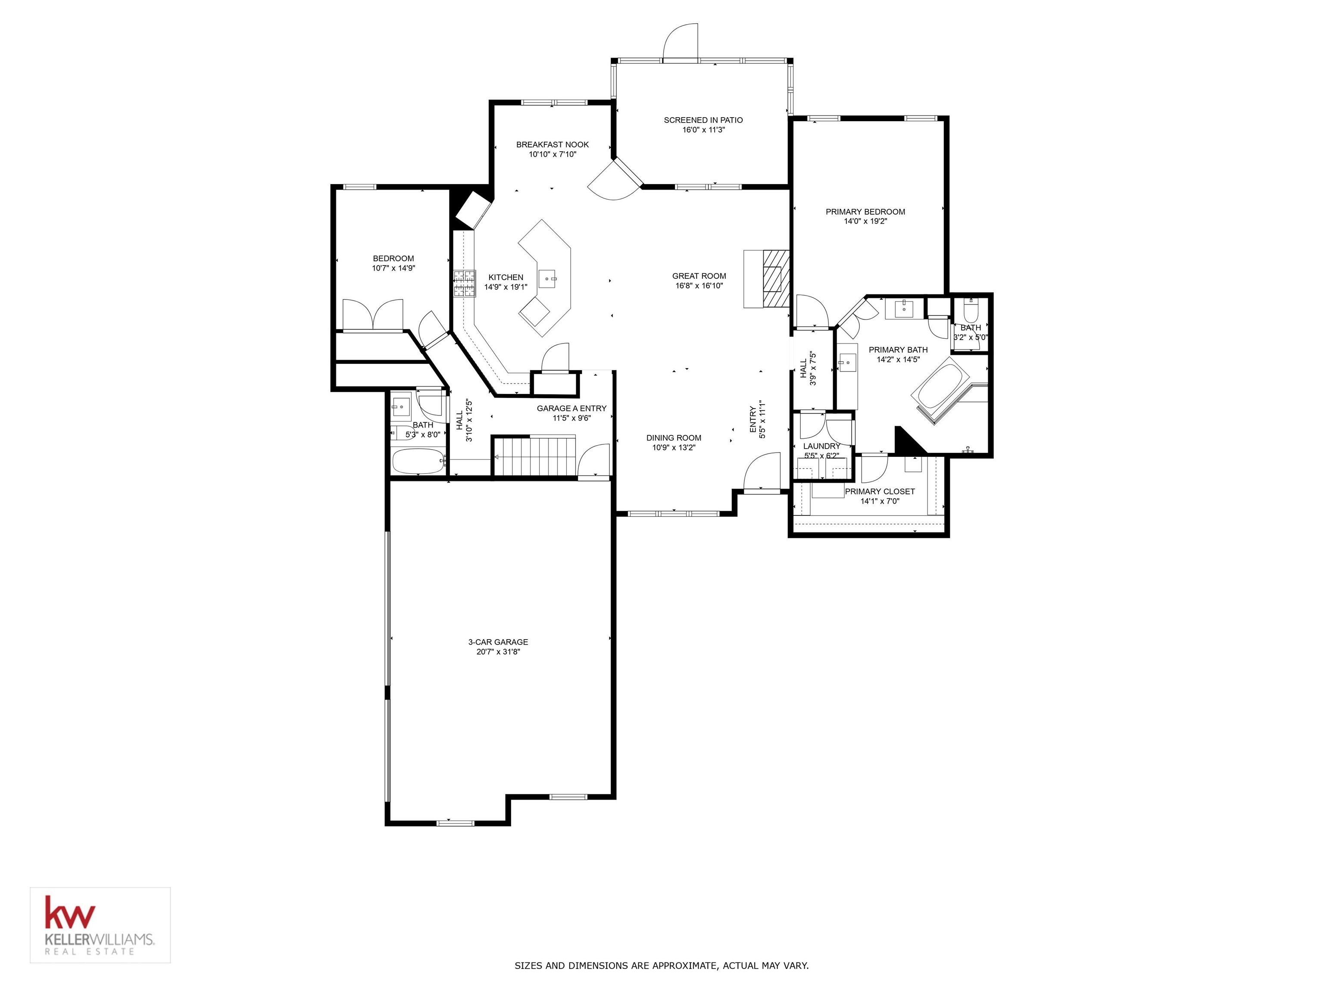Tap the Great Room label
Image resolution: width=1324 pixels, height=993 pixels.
(x=699, y=276)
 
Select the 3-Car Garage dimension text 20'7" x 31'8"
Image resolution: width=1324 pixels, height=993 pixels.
(x=498, y=652)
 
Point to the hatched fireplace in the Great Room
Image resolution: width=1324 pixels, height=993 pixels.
(x=776, y=278)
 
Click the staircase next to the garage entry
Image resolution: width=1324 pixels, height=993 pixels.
(x=533, y=456)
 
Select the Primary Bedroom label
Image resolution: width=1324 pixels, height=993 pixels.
(x=865, y=211)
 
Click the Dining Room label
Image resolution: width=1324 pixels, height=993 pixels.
(x=673, y=437)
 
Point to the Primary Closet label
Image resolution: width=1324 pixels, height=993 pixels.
(x=879, y=491)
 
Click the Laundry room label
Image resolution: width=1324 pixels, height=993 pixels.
(x=821, y=446)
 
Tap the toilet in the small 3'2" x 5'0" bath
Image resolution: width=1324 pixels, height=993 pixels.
(x=970, y=311)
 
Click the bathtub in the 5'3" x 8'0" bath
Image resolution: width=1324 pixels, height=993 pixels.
(x=418, y=461)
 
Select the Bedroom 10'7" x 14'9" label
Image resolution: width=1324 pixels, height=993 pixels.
(x=393, y=259)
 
